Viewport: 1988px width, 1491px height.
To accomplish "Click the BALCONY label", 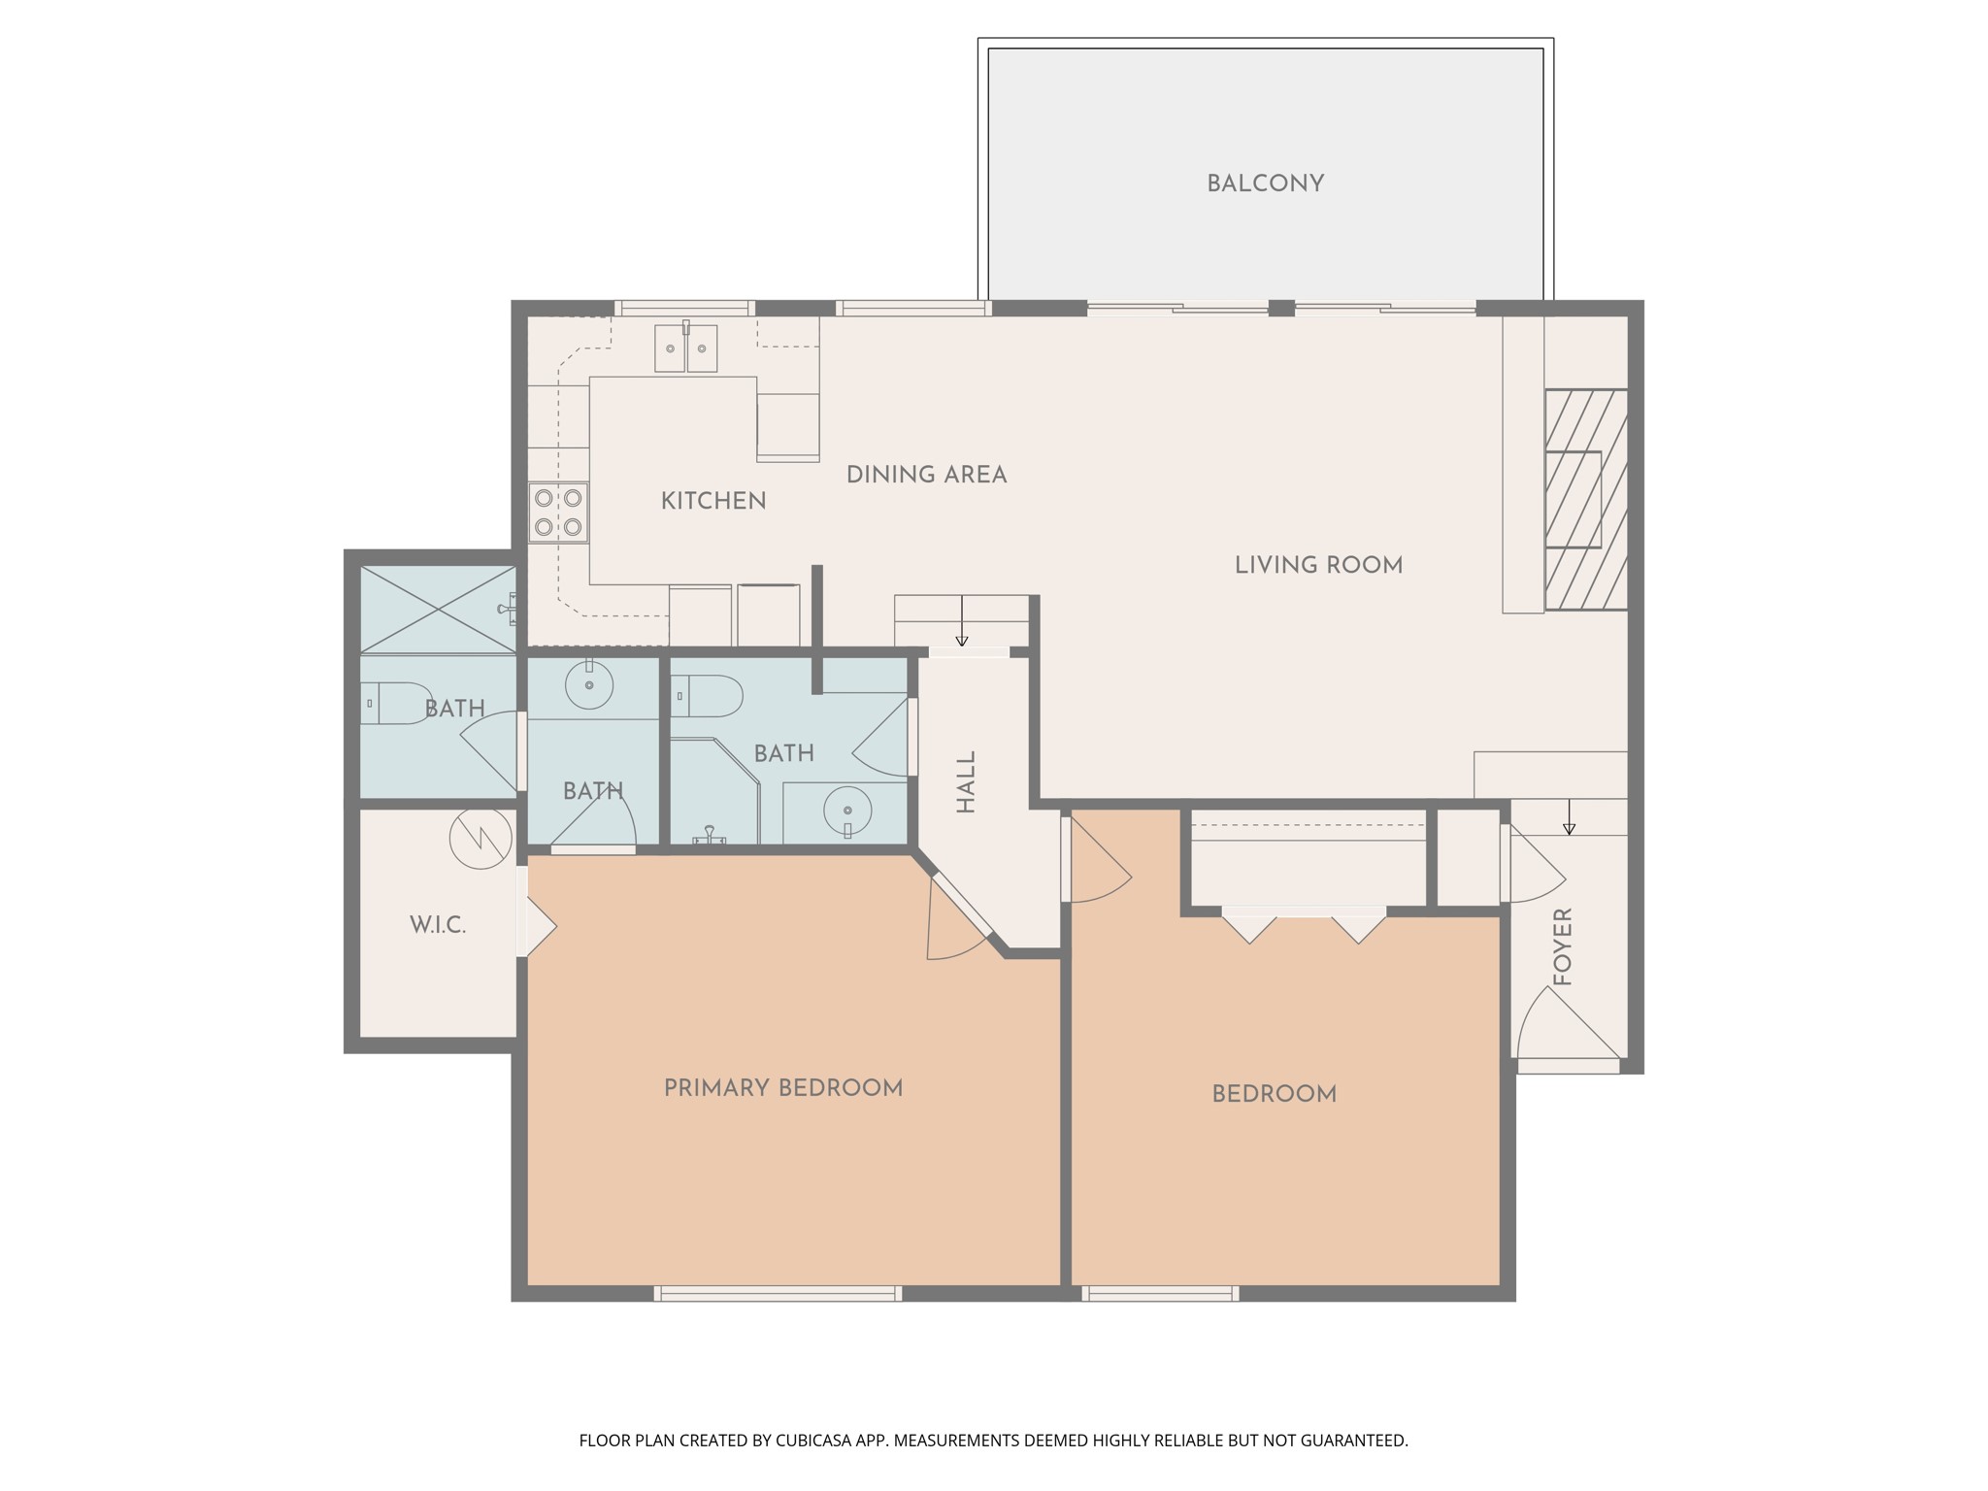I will click(x=1265, y=183).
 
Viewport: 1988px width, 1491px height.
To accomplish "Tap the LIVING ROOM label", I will click(x=1318, y=565).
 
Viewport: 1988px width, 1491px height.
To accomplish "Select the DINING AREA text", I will click(x=926, y=475).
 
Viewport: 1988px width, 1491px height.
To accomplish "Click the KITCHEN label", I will click(x=713, y=501).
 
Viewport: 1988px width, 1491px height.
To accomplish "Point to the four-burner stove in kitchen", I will click(x=558, y=513).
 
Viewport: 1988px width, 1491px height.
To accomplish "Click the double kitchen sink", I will click(x=685, y=348).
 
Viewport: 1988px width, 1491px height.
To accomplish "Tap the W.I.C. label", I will click(x=438, y=925).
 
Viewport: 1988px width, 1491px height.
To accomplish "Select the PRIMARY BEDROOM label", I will click(x=783, y=1088).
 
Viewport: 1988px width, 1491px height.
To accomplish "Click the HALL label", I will click(x=966, y=781).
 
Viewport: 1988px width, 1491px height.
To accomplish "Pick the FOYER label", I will click(x=1563, y=946).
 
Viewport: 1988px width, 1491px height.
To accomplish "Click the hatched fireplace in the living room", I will click(x=1585, y=500).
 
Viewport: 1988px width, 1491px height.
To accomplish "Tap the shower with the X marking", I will click(x=438, y=609).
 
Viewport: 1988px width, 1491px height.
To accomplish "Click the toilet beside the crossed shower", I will click(x=395, y=703).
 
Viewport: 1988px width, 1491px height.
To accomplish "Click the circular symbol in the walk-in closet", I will click(x=480, y=838).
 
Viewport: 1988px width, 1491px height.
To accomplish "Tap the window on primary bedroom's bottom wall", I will click(x=778, y=1293).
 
